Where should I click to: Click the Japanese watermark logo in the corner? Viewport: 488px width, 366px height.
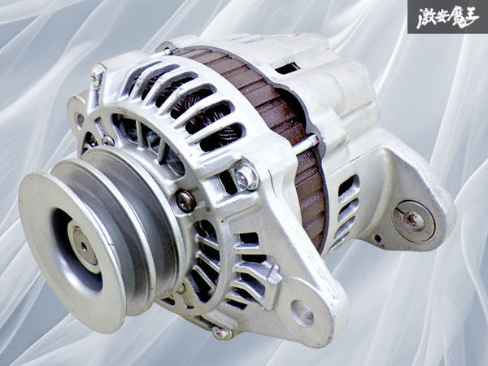click(x=447, y=17)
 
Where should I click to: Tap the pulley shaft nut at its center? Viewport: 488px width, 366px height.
click(x=84, y=246)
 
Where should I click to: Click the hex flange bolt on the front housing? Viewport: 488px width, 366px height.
click(x=246, y=176)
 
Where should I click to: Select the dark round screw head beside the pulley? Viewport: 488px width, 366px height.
click(x=186, y=201)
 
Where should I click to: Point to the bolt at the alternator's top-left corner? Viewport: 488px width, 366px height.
click(x=97, y=76)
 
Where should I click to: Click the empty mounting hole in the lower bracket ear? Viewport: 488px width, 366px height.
click(x=302, y=313)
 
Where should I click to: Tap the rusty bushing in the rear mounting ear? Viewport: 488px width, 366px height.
click(x=413, y=221)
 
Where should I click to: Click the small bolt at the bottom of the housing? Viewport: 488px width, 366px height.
click(x=222, y=333)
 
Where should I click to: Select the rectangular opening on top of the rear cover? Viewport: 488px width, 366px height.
click(x=288, y=68)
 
